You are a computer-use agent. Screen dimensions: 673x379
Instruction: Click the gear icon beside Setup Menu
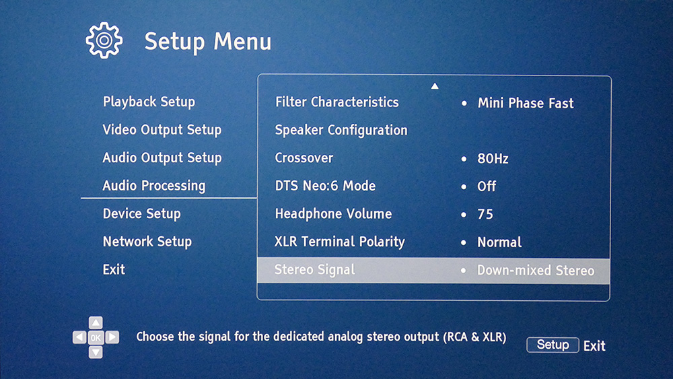104,40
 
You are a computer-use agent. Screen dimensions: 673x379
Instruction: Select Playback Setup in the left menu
149,102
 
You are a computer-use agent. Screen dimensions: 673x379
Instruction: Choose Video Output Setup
162,130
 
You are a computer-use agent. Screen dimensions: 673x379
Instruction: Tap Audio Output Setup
162,158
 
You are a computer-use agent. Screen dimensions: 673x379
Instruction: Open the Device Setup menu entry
141,214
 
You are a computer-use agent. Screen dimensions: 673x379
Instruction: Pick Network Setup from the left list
147,242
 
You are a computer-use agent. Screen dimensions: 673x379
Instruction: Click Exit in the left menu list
114,269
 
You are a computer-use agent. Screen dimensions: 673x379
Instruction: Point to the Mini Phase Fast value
526,103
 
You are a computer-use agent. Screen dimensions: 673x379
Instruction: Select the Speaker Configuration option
341,130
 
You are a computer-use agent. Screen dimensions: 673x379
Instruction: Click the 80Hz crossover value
493,159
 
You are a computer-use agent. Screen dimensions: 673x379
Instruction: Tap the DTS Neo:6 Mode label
325,186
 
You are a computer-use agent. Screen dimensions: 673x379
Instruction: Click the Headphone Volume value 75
485,214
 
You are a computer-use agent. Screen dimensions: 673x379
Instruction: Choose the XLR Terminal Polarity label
339,242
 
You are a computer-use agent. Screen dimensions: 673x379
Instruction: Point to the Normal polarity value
499,242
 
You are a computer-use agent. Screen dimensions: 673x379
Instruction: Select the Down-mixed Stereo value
536,271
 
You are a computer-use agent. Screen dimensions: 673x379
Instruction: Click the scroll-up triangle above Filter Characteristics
435,86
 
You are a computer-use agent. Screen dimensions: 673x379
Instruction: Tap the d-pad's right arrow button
112,337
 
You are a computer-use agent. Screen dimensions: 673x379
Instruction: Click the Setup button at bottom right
553,345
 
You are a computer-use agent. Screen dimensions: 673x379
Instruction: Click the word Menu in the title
242,42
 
